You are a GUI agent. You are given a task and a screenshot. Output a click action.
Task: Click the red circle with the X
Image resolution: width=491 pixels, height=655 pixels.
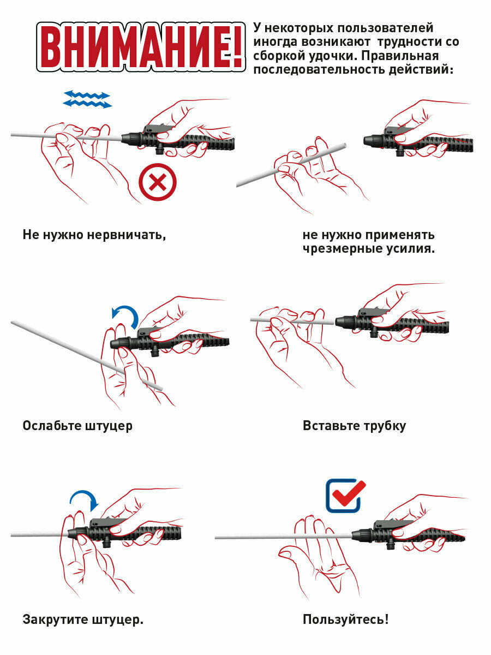pos(158,182)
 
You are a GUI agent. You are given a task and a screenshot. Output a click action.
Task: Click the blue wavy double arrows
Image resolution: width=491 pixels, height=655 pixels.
pos(87,99)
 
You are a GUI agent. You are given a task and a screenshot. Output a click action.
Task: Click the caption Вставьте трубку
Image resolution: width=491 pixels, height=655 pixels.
pos(354,426)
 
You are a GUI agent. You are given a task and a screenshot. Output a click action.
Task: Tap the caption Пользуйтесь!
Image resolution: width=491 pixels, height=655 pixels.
pos(345,620)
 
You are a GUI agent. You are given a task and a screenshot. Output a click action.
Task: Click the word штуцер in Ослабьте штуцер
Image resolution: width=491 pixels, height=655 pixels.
pos(109,426)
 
